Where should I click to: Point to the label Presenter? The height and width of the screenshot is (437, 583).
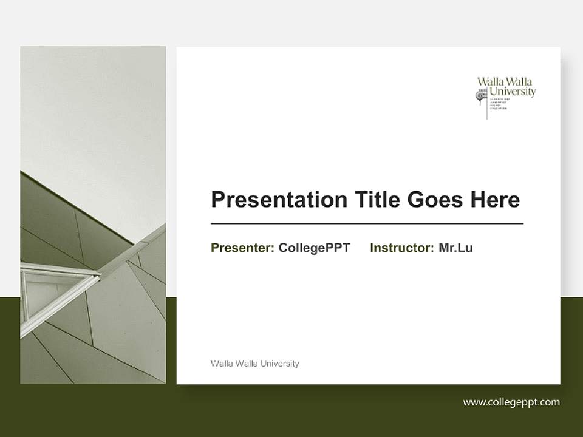242,248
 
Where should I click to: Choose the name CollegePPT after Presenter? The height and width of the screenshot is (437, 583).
314,248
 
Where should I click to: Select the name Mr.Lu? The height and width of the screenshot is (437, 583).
455,248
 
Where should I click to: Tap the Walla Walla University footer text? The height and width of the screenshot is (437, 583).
254,364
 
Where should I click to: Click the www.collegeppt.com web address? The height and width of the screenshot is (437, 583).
511,402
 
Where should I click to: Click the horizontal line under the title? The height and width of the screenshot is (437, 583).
367,224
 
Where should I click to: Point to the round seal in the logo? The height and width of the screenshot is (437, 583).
482,95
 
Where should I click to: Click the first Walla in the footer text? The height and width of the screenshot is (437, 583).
220,364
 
